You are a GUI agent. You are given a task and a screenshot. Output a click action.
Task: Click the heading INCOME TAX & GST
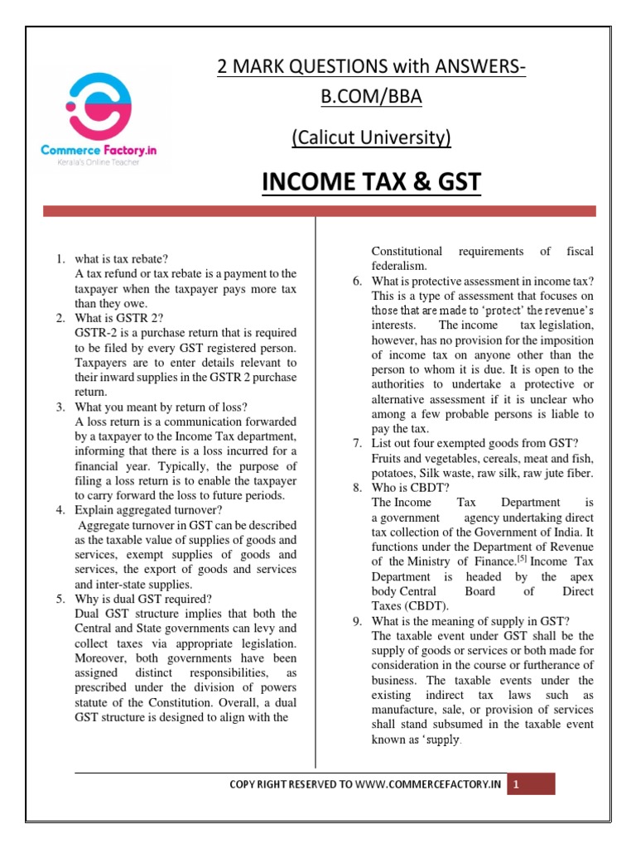(x=372, y=181)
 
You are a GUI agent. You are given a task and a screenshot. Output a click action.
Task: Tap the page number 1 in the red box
(x=514, y=784)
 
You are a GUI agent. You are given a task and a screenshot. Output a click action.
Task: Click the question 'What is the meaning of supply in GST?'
(x=472, y=621)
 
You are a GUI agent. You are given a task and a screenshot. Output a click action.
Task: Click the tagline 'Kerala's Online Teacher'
(x=92, y=162)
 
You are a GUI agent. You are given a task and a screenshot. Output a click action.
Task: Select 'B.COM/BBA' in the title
(x=371, y=97)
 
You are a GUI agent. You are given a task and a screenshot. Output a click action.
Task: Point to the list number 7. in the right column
(x=357, y=443)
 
